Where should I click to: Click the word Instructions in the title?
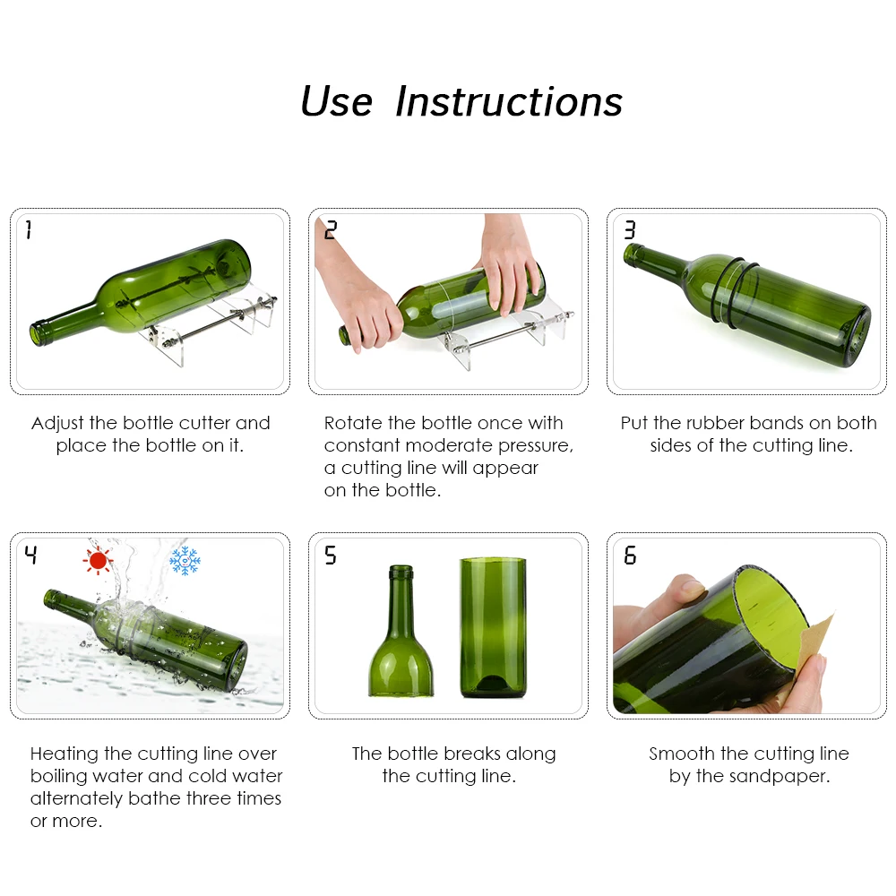point(509,101)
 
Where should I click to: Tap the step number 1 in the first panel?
point(29,230)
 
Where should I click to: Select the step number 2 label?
point(331,230)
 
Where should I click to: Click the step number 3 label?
point(630,230)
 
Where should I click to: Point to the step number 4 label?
point(31,556)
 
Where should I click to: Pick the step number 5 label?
point(331,556)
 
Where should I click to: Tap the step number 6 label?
point(630,556)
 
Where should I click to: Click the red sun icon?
point(97,561)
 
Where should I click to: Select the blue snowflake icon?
point(185,561)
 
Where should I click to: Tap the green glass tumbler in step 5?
point(493,627)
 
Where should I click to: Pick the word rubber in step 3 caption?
point(717,423)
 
